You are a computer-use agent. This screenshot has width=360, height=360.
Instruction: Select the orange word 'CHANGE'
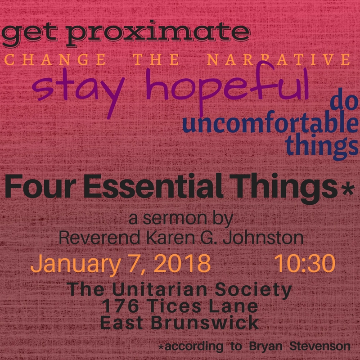(55, 60)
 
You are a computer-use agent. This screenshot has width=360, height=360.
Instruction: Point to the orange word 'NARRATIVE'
(279, 60)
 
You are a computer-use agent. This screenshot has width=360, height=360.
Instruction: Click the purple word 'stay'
(78, 92)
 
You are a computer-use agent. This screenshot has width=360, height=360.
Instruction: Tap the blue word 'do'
(344, 102)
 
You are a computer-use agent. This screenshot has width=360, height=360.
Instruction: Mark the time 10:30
(305, 263)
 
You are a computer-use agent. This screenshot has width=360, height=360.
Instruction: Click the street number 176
(120, 306)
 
